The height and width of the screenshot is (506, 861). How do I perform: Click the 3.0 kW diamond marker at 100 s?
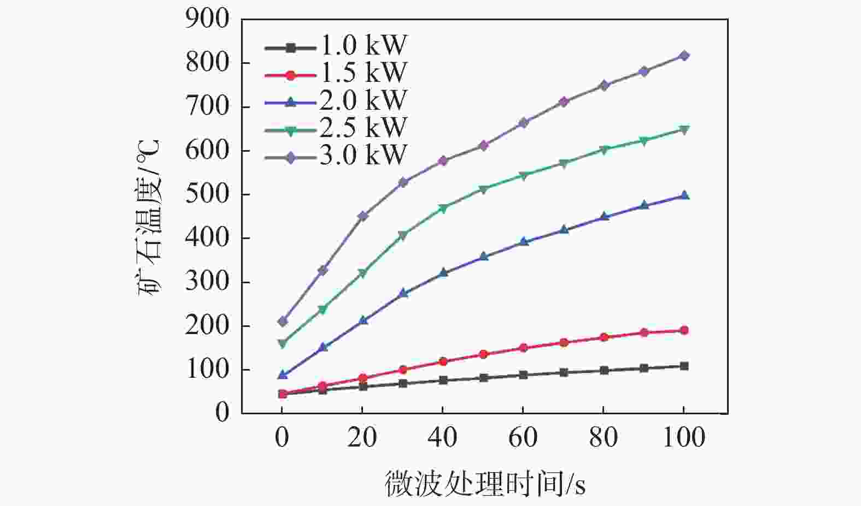tap(684, 56)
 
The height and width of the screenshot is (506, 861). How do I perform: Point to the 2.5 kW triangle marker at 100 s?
tap(684, 129)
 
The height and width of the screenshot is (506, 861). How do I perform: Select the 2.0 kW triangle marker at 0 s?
tap(282, 375)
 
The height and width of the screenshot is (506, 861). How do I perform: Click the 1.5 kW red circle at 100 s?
tap(684, 330)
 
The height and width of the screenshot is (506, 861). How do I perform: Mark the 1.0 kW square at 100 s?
tap(684, 366)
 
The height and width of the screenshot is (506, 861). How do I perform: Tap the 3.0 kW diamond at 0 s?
tap(282, 322)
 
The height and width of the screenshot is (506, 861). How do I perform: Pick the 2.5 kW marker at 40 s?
tap(443, 208)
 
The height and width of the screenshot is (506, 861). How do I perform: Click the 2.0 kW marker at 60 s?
tap(523, 241)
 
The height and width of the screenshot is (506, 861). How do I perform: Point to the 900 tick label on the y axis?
tap(207, 20)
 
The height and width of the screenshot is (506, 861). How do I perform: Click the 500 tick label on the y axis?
tap(207, 195)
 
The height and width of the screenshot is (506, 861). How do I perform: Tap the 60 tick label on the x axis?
tap(523, 438)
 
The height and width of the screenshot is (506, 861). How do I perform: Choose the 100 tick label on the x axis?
tap(684, 438)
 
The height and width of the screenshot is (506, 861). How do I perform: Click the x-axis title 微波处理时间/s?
tap(485, 484)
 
